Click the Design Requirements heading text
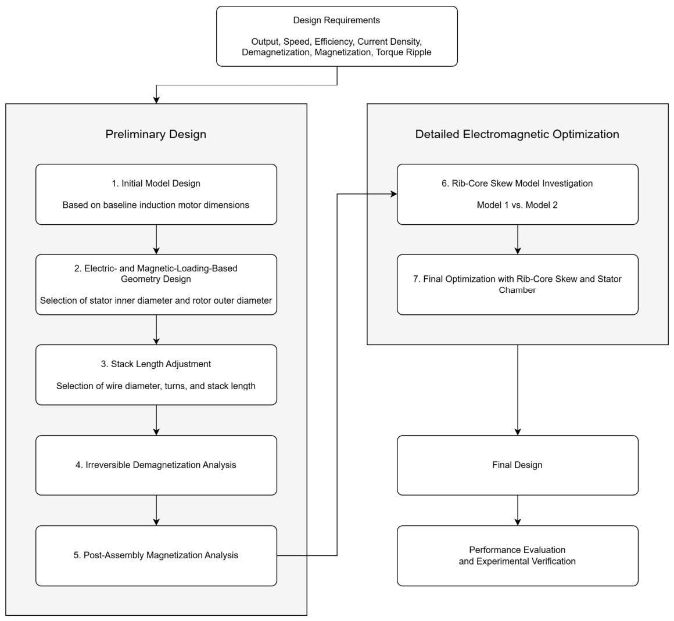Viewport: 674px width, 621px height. (336, 20)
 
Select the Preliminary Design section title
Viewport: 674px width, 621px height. (156, 134)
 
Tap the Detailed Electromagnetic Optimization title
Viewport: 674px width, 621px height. (517, 134)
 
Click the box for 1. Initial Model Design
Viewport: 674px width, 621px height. (156, 194)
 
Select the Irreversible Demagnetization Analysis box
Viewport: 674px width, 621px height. (156, 465)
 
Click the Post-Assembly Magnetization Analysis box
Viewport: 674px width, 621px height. (156, 556)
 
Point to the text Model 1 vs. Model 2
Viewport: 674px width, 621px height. (517, 205)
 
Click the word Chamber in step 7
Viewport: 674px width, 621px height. (517, 290)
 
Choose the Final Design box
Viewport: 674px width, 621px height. (518, 465)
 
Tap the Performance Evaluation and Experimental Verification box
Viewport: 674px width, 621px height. (518, 556)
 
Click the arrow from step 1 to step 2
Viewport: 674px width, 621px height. (156, 239)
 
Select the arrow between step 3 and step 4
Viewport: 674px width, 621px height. (156, 421)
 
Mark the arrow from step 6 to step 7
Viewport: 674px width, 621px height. (518, 239)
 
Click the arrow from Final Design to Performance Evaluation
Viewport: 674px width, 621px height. (518, 510)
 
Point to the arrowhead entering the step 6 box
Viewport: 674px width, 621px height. (394, 194)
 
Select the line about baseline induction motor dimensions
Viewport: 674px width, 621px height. (156, 205)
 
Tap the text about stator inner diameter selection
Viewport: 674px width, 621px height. (156, 300)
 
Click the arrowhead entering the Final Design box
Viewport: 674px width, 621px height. (518, 432)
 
